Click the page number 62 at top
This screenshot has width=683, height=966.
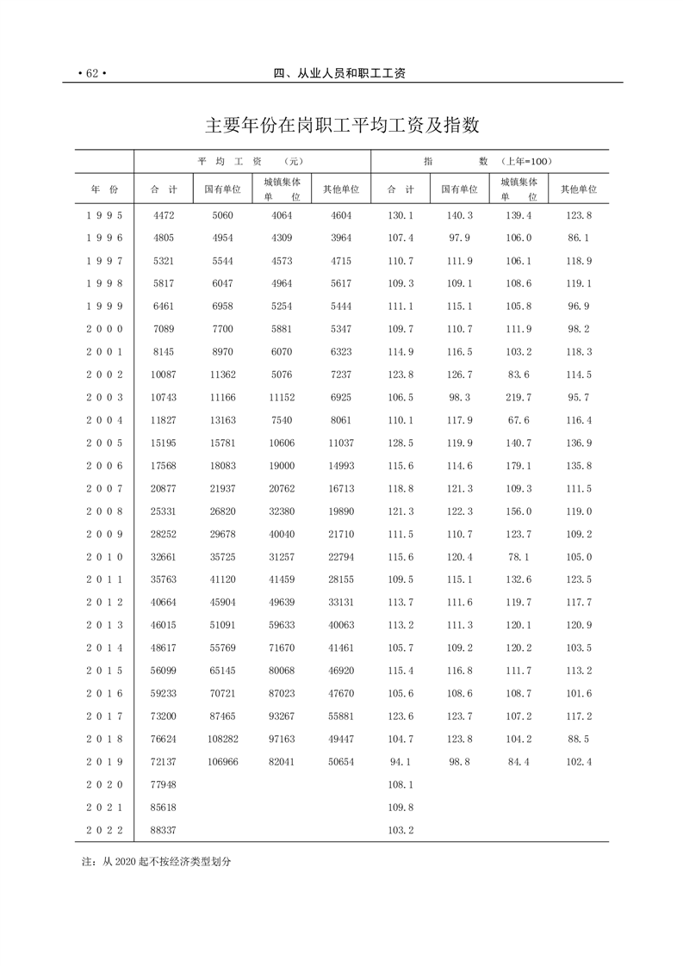coord(90,74)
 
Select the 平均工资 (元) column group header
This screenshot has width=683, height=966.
coord(251,161)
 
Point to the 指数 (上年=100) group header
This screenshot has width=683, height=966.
coord(489,161)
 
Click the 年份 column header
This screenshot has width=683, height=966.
coord(104,189)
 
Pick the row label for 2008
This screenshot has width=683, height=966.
coord(104,511)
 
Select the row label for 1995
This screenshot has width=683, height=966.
coord(104,215)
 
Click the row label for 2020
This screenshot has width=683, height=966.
coord(104,784)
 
